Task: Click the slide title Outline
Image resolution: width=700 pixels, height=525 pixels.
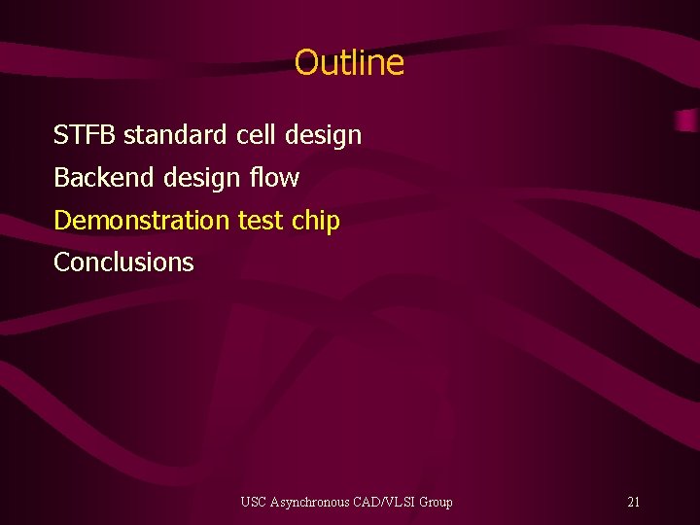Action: click(349, 63)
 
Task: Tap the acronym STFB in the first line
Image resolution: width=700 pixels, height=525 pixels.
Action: click(85, 135)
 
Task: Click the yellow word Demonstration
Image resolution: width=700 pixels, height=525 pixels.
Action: click(141, 221)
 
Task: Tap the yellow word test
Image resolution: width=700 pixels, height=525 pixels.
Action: click(260, 221)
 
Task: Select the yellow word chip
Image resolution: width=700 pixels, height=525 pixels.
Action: click(316, 222)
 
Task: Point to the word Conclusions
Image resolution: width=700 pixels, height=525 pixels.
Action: click(123, 262)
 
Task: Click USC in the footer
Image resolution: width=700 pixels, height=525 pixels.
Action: click(253, 503)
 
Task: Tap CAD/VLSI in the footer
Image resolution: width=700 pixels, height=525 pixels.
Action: click(386, 503)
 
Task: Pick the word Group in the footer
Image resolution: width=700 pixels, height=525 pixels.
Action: click(435, 503)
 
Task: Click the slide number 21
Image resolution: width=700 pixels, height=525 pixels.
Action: click(634, 503)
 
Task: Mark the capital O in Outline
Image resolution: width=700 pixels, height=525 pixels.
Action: click(305, 63)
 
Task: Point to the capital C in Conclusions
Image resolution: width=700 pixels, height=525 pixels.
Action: click(61, 262)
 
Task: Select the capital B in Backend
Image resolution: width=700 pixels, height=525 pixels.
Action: click(60, 178)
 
